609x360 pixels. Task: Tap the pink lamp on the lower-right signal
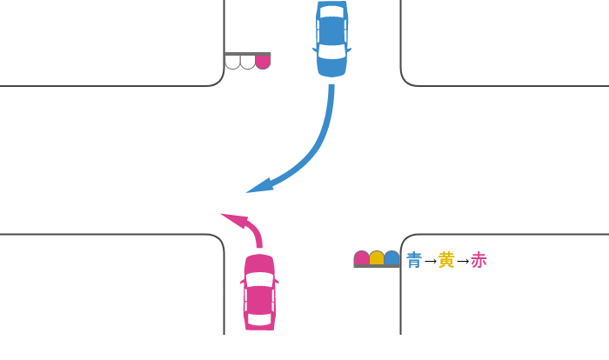[361, 257]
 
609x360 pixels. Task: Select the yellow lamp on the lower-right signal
[377, 257]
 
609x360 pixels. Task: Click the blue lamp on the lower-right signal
[391, 257]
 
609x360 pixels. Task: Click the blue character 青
[414, 260]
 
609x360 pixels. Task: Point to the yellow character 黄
[446, 260]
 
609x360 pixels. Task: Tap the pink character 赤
[478, 260]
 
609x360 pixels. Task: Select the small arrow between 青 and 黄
[430, 260]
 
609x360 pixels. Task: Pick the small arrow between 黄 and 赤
[462, 260]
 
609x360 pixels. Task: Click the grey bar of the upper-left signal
[248, 54]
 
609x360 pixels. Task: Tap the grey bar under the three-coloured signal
[377, 266]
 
